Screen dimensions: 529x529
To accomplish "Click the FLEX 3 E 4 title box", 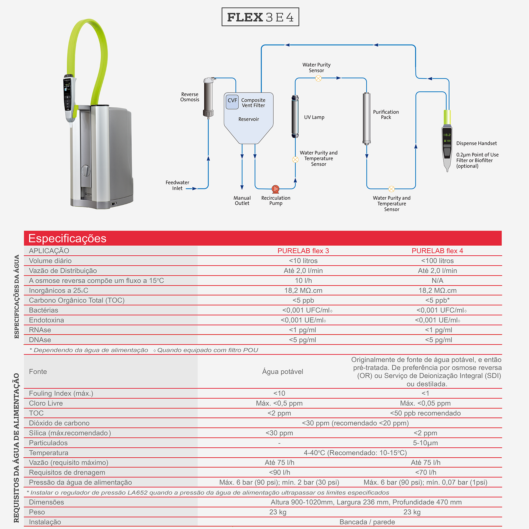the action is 260,17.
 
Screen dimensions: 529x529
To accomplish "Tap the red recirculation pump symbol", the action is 275,189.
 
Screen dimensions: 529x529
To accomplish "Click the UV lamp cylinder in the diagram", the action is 295,116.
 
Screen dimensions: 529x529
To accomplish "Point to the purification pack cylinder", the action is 366,118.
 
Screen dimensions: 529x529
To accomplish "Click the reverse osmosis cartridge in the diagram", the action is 209,97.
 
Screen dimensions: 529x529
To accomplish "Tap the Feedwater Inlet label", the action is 177,185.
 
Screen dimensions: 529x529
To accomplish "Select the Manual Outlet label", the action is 242,201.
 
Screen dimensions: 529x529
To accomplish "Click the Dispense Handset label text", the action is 476,143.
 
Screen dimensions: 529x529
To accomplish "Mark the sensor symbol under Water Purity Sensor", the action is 318,78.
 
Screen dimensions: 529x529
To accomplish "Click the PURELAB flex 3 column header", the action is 303,251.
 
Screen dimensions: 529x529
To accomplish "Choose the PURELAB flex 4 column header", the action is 437,251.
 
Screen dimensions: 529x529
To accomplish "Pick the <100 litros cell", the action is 437,261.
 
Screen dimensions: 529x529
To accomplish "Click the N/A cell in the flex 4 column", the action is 437,280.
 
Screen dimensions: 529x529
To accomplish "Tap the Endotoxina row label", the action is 46,320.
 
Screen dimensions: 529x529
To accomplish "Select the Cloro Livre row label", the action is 46,403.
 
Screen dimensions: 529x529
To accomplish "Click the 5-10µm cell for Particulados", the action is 425,443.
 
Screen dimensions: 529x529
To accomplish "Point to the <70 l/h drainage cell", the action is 426,472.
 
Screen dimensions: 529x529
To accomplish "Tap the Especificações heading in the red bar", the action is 67,238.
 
